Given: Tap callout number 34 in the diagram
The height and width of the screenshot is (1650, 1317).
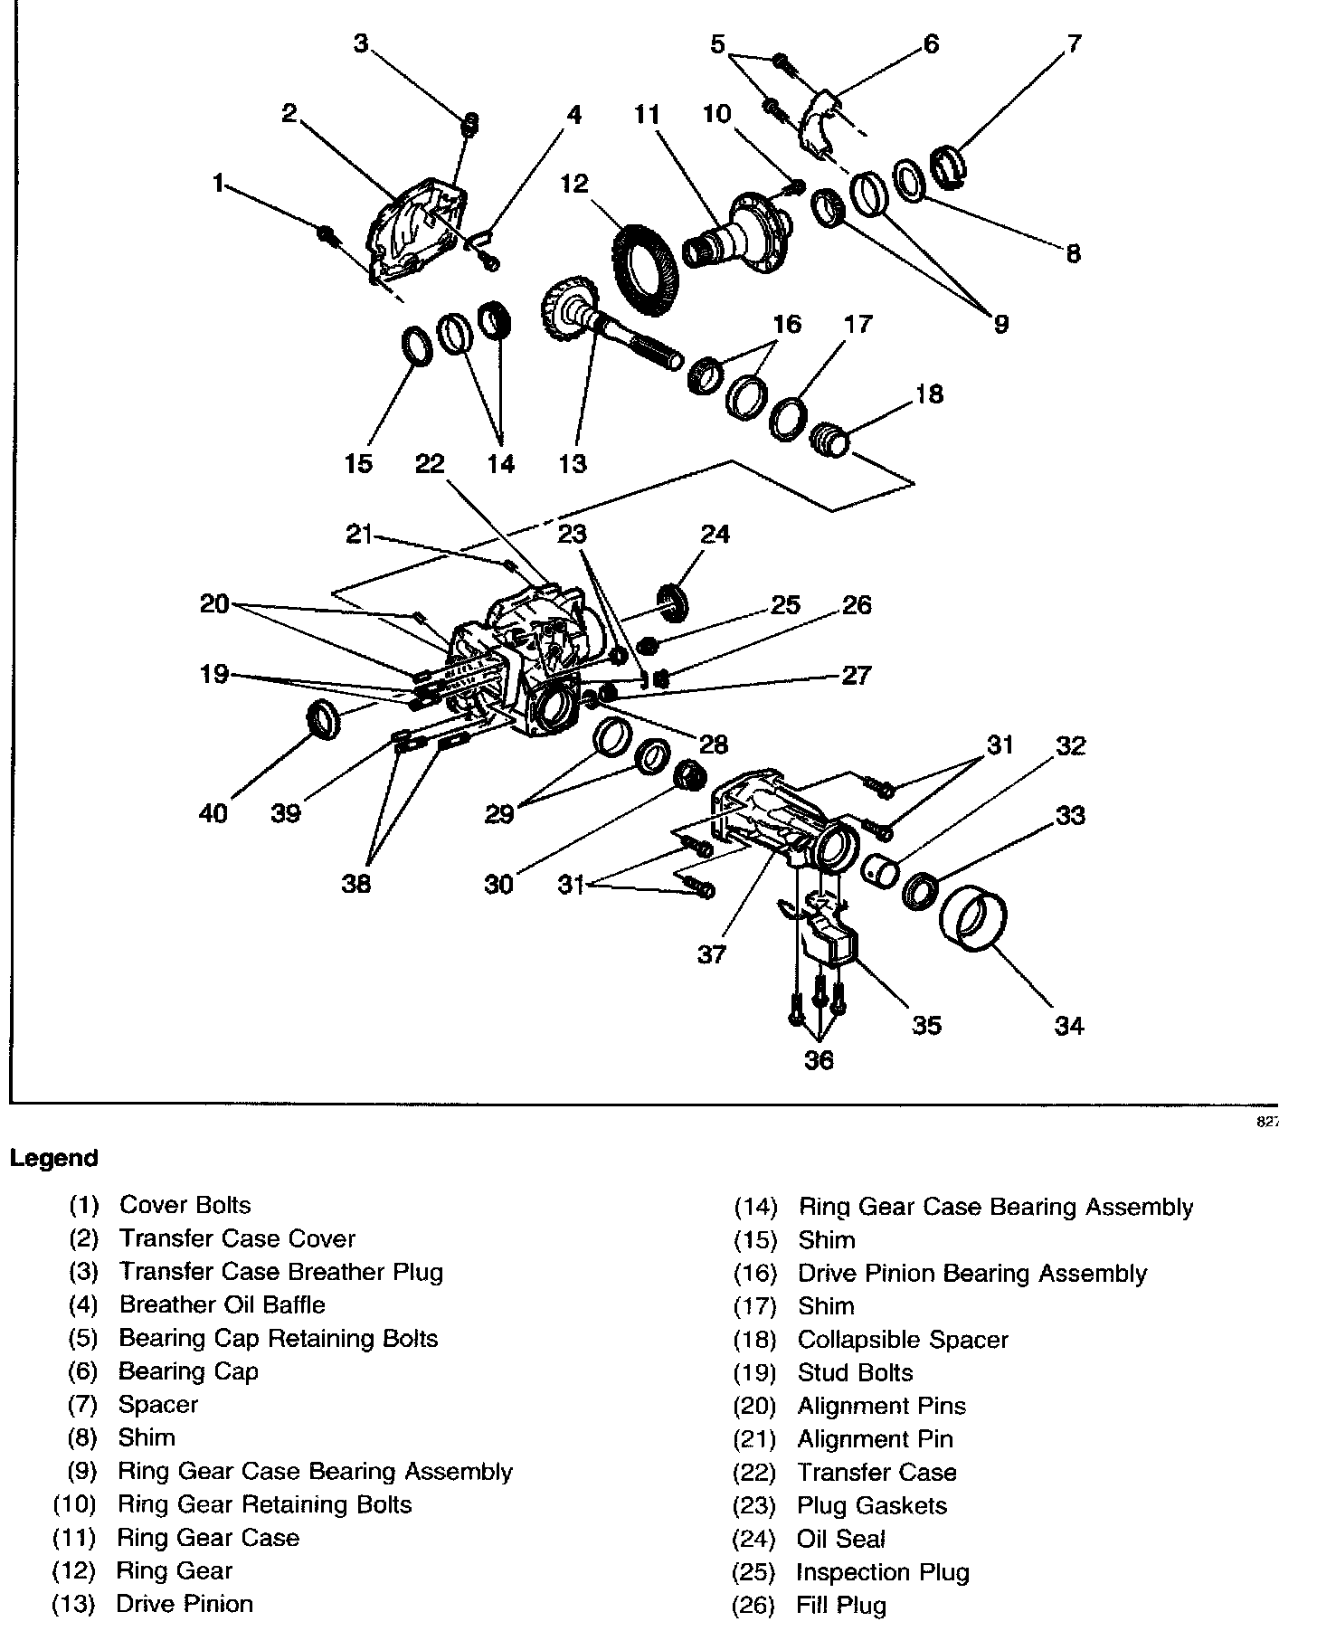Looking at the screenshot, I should pos(1068,1026).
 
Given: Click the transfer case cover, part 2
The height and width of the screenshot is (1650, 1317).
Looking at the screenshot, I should pos(416,230).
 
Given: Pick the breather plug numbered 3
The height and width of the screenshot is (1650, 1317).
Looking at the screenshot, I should pos(470,125).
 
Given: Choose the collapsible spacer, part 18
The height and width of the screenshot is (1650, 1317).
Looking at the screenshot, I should pos(829,441).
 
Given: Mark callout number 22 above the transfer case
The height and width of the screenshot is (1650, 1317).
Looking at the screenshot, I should pos(430,464).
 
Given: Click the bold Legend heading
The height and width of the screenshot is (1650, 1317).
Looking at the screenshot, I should pos(54,1159).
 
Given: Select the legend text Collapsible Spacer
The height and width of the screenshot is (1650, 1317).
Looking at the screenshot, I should pos(903,1340).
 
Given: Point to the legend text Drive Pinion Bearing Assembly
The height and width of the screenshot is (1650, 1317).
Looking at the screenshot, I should pos(971,1274).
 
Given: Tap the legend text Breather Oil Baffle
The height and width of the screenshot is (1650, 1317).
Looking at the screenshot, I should pos(222,1305).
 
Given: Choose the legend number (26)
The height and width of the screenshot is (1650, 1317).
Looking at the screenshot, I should pos(754,1607).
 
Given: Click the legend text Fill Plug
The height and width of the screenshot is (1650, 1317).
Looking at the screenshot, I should pos(841,1607).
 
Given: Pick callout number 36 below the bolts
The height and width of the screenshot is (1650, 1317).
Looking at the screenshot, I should pos(819,1059).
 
